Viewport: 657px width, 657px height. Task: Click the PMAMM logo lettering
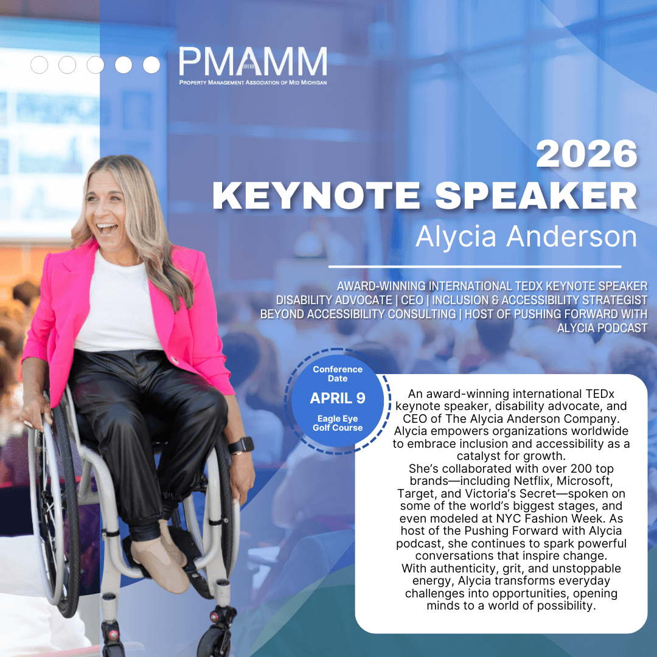tap(252, 61)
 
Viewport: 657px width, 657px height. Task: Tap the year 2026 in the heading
tap(586, 154)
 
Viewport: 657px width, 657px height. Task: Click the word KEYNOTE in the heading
tap(316, 195)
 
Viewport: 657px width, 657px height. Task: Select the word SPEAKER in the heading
tap(537, 195)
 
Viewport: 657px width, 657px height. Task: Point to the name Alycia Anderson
tap(526, 236)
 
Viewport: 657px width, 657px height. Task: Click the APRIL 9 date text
tap(337, 398)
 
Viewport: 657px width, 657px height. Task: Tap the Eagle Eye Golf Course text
tap(338, 423)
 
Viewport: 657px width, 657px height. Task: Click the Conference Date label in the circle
tap(338, 374)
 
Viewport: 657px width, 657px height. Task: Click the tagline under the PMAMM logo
tap(253, 83)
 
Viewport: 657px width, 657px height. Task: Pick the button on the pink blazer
tap(172, 360)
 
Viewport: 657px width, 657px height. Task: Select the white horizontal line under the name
tap(474, 266)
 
